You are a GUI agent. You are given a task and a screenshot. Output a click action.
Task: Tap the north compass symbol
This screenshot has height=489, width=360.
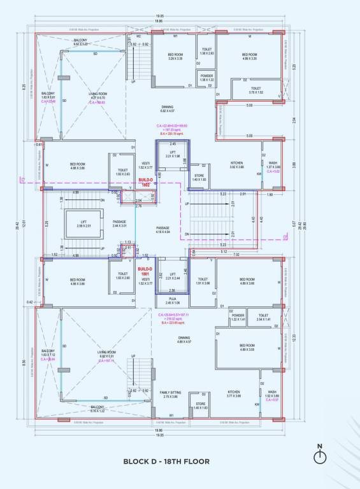320,455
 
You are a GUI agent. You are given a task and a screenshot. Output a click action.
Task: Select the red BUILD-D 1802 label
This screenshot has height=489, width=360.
147,182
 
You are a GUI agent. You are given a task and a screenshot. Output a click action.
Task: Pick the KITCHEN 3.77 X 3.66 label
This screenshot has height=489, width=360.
234,394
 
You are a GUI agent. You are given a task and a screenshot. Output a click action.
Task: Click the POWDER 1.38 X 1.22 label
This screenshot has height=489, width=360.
206,78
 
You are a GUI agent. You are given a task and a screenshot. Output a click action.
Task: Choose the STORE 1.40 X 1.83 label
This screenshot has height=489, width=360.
199,178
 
